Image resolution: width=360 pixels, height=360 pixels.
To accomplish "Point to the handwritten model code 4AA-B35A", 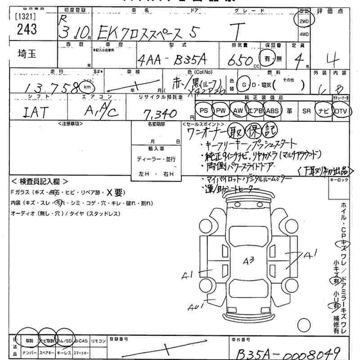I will point(172,59).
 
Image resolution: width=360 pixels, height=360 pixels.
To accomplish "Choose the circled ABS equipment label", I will point(273,110).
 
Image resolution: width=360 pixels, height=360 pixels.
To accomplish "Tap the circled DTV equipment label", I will point(342,110).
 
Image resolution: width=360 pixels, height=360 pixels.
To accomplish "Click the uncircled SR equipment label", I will point(307,110).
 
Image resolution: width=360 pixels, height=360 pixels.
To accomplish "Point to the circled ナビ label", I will point(324,110).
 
